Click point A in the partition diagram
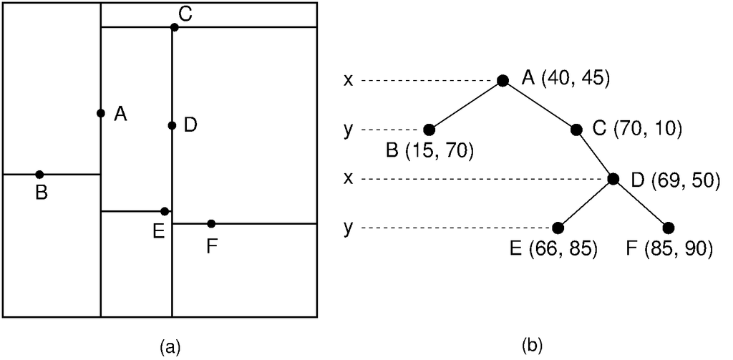(x=101, y=113)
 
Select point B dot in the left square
(x=39, y=175)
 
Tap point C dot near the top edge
(x=174, y=27)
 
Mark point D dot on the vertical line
(x=172, y=126)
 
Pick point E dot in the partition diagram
(x=165, y=211)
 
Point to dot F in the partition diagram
(x=211, y=223)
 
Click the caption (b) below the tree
(x=533, y=346)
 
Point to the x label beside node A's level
(x=348, y=80)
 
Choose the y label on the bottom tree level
(x=348, y=228)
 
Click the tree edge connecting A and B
(x=466, y=104)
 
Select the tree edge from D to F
(x=641, y=203)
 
